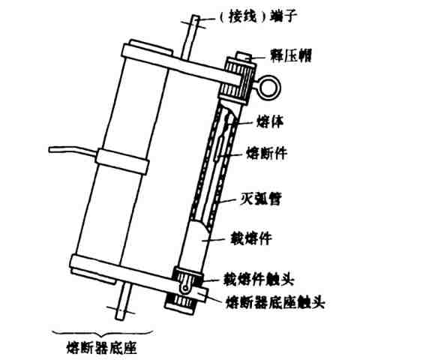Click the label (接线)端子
pyautogui.click(x=258, y=17)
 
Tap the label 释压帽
pyautogui.click(x=291, y=55)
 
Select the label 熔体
pyautogui.click(x=270, y=121)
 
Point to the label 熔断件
pyautogui.click(x=267, y=154)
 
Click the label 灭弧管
pyautogui.click(x=260, y=199)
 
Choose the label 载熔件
pyautogui.click(x=251, y=238)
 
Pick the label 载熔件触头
pyautogui.click(x=259, y=279)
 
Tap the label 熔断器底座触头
pyautogui.click(x=276, y=302)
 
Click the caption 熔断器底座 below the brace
pyautogui.click(x=102, y=348)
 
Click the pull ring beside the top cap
pyautogui.click(x=268, y=87)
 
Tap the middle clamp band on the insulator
pyautogui.click(x=122, y=161)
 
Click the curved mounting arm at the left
pyautogui.click(x=73, y=151)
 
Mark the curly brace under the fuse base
pyautogui.click(x=103, y=334)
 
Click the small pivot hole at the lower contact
pyautogui.click(x=184, y=288)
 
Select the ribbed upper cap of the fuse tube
pyautogui.click(x=237, y=80)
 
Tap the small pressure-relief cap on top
pyautogui.click(x=244, y=56)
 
